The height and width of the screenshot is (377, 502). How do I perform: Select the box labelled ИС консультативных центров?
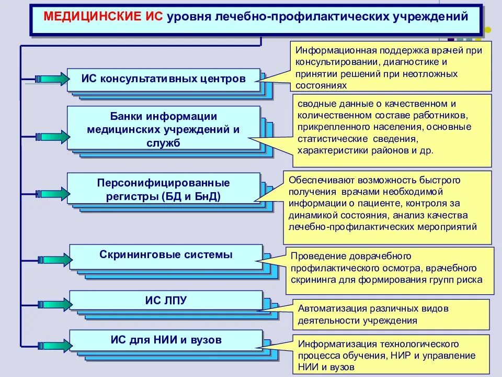pyautogui.click(x=163, y=80)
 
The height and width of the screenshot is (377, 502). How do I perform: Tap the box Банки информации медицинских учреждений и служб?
pyautogui.click(x=163, y=129)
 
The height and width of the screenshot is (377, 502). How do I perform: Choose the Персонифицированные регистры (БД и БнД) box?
pyautogui.click(x=163, y=190)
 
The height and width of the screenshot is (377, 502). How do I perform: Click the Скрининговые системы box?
pyautogui.click(x=166, y=256)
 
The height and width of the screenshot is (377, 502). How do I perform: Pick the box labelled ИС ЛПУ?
pyautogui.click(x=166, y=300)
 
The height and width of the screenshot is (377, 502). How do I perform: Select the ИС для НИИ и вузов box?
pyautogui.click(x=166, y=340)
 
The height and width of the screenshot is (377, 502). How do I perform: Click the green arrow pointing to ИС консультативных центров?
pyautogui.click(x=52, y=79)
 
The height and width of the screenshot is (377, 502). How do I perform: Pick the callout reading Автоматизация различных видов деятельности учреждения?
pyautogui.click(x=391, y=314)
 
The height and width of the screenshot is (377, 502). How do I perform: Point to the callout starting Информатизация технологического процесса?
pyautogui.click(x=391, y=354)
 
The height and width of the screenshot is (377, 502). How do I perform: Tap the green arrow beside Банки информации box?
pyautogui.click(x=52, y=137)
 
